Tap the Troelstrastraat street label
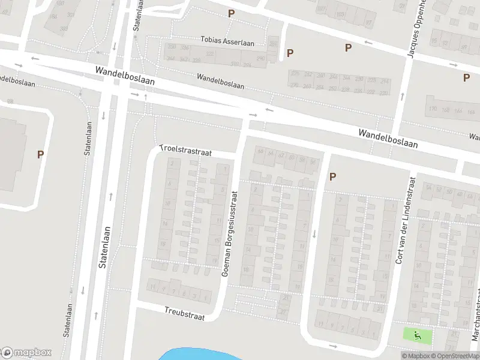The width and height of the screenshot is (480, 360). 186,151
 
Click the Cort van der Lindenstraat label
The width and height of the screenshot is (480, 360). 405,220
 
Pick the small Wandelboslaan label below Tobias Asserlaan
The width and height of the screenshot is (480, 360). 220,81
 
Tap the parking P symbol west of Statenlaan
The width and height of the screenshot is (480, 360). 41,154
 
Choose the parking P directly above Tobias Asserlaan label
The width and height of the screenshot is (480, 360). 231,13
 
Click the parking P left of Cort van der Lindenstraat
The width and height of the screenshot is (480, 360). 332,176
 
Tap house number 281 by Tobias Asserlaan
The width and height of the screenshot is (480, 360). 274,45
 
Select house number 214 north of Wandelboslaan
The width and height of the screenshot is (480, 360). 385,80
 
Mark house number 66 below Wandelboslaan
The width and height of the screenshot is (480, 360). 260,151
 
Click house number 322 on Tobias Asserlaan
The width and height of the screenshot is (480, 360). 210,54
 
